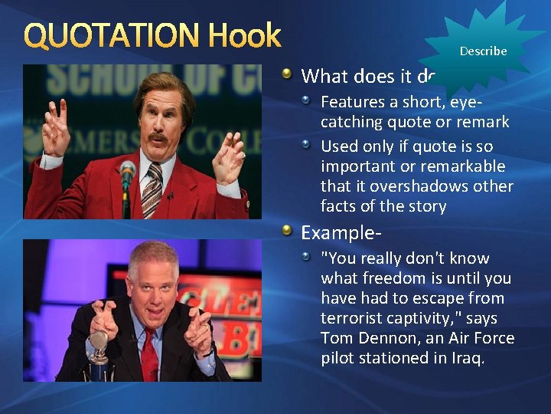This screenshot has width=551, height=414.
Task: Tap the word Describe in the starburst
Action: click(483, 51)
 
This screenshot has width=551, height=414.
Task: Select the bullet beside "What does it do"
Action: click(287, 74)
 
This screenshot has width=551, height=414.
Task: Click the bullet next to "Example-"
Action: click(287, 230)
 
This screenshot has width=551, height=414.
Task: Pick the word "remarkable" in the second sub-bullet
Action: click(467, 166)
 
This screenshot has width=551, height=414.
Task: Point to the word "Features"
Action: click(351, 101)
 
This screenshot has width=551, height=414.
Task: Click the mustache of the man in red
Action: click(158, 138)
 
